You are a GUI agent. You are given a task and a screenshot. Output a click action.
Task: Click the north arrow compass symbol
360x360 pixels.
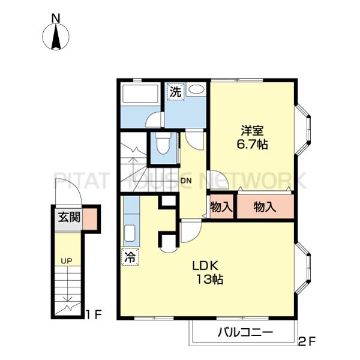(x=56, y=37)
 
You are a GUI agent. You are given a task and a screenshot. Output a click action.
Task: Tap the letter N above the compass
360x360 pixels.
(x=56, y=19)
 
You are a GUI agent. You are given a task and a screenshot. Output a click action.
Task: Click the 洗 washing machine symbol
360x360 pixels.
(x=176, y=92)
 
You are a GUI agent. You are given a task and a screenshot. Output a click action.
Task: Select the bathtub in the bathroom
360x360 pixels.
(x=140, y=94)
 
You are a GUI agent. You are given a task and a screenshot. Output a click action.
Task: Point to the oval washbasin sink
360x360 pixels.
(x=196, y=89)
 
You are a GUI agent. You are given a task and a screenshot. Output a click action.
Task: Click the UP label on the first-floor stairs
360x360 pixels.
(x=67, y=261)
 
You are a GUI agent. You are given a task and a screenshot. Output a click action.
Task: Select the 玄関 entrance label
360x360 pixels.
(x=69, y=217)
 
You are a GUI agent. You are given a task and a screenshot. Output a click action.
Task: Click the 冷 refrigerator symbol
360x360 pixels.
(x=130, y=257)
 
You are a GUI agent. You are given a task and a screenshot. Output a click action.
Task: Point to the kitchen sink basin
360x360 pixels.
(x=130, y=233)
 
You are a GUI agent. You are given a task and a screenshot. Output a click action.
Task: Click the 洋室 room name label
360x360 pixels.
(x=252, y=131)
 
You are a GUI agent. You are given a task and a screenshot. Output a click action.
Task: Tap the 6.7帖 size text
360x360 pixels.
(x=252, y=145)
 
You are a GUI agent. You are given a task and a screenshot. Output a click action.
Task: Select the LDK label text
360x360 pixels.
(x=205, y=266)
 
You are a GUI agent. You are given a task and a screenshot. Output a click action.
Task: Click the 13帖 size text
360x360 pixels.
(x=209, y=280)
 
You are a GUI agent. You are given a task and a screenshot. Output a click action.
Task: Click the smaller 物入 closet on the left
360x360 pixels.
(x=221, y=206)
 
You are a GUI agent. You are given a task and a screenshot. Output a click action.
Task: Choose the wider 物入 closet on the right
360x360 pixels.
(x=265, y=206)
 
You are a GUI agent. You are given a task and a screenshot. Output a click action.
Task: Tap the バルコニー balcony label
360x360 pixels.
(x=245, y=332)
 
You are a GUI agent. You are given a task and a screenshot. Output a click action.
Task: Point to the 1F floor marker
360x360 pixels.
(x=93, y=314)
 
